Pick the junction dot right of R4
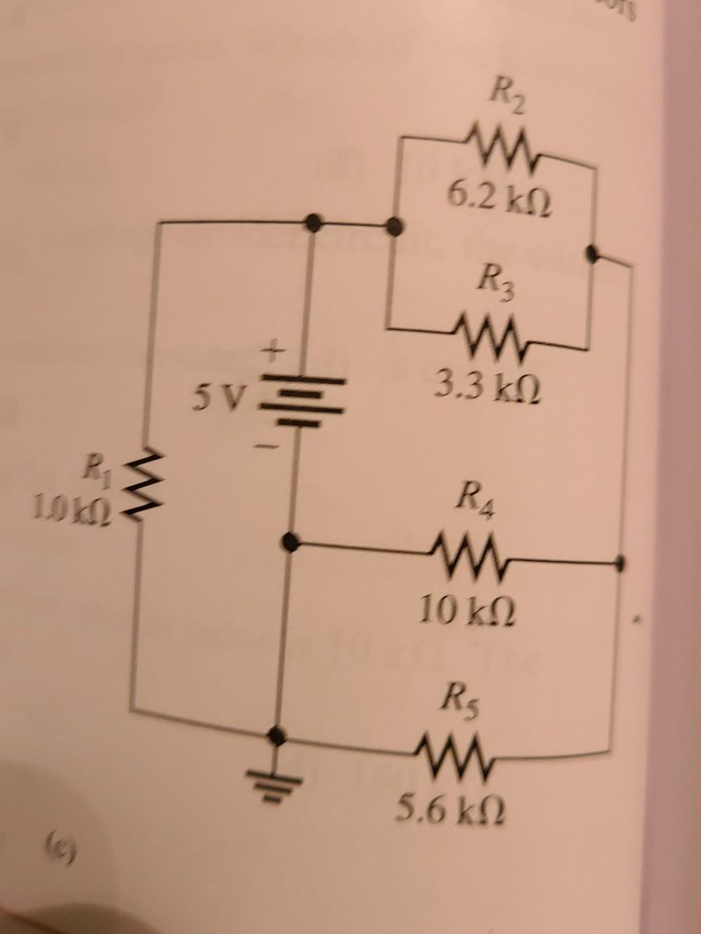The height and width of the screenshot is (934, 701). click(621, 562)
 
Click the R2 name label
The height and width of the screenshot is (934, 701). click(508, 100)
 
